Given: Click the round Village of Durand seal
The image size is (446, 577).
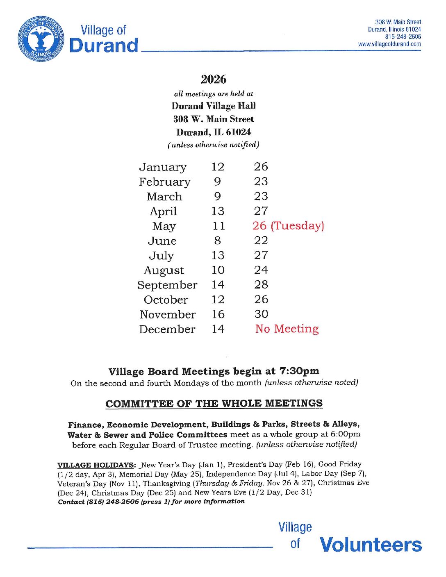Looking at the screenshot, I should (x=41, y=39).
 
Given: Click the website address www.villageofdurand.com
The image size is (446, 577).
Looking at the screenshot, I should (x=389, y=44).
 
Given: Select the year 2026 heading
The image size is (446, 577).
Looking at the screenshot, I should (x=213, y=79).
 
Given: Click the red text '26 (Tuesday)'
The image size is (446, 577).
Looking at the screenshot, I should (x=288, y=226).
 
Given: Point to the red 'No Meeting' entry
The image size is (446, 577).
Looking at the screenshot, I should (x=287, y=329).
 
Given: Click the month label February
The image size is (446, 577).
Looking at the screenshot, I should (x=164, y=182).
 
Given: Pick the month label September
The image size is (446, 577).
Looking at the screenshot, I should (x=167, y=285).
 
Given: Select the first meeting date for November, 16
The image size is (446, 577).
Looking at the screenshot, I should (x=218, y=314).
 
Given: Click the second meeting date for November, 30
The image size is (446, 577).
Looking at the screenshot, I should (x=261, y=314).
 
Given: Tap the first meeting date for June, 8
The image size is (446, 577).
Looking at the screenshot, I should (x=217, y=241).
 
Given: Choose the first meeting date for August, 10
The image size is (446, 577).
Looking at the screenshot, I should (x=218, y=270).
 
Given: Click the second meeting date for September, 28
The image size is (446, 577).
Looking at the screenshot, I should (x=261, y=285).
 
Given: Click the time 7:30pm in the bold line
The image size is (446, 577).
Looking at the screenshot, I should (x=299, y=371).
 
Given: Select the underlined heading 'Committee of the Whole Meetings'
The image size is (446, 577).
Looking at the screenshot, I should (x=214, y=404).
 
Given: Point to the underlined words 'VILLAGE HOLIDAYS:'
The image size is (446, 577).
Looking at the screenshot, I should (x=96, y=465).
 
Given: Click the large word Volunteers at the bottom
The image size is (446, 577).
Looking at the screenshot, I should (x=371, y=545).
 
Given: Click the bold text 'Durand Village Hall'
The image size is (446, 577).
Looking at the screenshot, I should (x=214, y=106).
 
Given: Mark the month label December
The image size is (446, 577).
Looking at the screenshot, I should (x=167, y=329).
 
